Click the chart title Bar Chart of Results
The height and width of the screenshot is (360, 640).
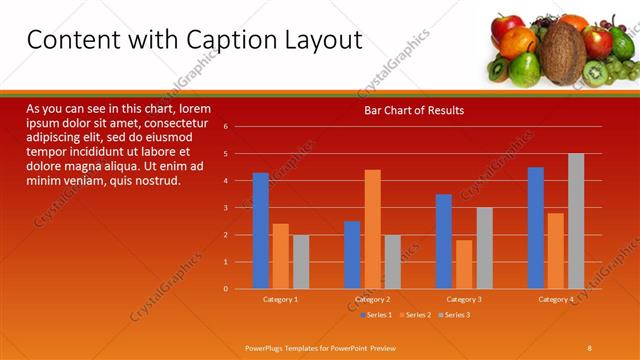(413, 110)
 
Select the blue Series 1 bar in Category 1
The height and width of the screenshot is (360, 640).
(261, 230)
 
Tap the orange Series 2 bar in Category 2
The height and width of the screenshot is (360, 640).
(372, 229)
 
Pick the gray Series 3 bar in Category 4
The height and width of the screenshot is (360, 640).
(576, 221)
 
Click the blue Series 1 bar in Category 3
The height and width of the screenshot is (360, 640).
(444, 241)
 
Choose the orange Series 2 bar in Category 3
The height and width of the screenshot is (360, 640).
(464, 264)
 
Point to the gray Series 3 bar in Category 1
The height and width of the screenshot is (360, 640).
(301, 261)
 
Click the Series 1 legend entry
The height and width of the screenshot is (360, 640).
(375, 315)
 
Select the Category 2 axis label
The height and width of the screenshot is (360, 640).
(372, 299)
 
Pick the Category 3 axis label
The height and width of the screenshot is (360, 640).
(464, 299)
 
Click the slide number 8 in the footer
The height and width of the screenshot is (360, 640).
(589, 346)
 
